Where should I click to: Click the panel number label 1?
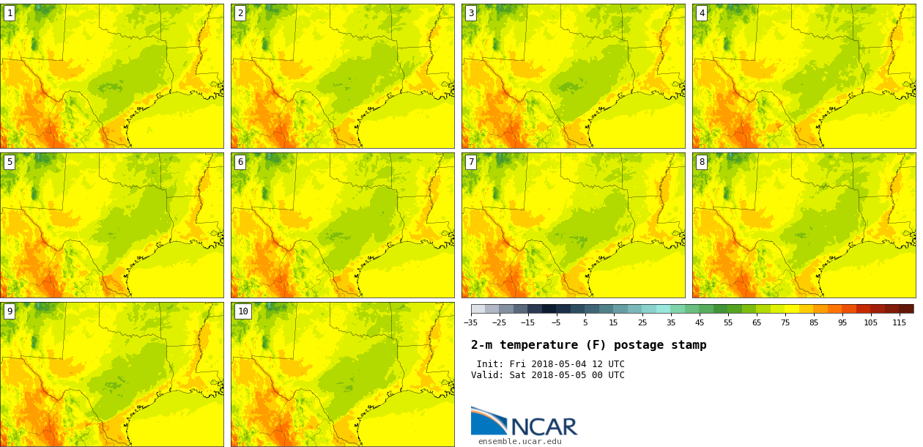tap(10, 13)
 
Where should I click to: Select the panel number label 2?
tap(240, 13)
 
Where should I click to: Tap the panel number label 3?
tap(471, 13)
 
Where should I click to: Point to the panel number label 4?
tap(702, 13)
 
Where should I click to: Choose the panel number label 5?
tap(10, 162)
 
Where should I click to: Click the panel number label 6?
tap(240, 162)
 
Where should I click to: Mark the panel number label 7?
tap(471, 162)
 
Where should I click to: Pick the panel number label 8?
tap(702, 162)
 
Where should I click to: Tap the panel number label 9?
tap(10, 311)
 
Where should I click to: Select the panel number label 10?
tap(243, 311)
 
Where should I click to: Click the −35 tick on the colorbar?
tap(470, 322)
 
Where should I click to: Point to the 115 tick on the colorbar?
tap(900, 322)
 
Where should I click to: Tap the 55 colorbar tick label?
tap(727, 322)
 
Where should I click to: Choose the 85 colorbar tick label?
tap(813, 322)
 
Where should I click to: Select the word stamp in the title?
tap(689, 345)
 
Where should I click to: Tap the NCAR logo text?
tap(544, 426)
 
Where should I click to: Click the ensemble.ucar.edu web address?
tap(519, 441)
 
